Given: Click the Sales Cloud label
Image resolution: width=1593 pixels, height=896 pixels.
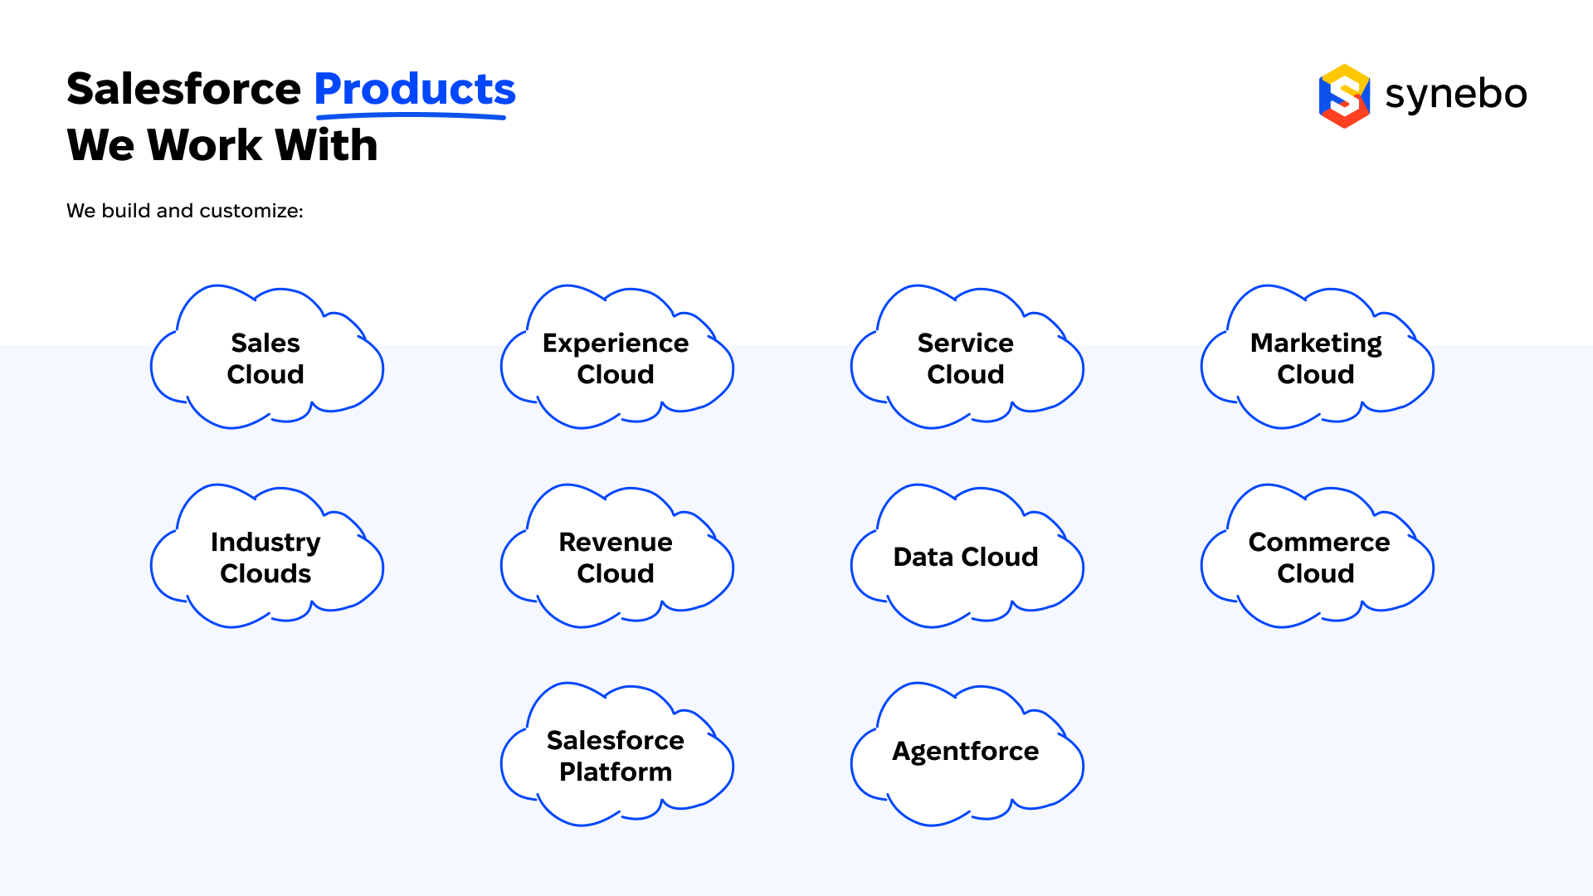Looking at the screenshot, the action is coord(265,358).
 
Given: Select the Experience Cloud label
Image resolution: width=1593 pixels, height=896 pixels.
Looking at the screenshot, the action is coord(616,358).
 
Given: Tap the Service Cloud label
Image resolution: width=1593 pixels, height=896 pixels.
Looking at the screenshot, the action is coord(966,358).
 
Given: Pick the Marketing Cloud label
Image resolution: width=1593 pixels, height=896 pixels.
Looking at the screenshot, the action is coord(1316,358).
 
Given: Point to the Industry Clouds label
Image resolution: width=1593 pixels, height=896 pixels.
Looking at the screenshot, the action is coord(265,558).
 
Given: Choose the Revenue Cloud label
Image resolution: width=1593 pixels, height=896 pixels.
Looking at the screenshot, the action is coord(616,558).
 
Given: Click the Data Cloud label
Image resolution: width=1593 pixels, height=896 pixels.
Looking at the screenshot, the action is coord(966,557).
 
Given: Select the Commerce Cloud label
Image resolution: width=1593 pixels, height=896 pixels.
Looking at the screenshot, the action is coord(1318,558).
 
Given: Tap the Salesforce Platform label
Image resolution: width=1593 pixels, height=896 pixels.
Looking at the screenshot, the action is coord(616,756).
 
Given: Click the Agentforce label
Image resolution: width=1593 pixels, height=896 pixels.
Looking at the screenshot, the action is coord(966,752).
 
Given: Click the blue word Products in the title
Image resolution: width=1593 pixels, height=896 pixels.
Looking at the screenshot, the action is coord(415,89).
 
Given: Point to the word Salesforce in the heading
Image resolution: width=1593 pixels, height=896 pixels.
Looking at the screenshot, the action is coord(183,89).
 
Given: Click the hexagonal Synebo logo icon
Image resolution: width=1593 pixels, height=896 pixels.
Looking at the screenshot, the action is coord(1344,96).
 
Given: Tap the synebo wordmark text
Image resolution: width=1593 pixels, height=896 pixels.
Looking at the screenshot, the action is coord(1456,95).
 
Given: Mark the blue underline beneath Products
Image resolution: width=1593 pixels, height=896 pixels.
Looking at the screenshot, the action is coord(412,115).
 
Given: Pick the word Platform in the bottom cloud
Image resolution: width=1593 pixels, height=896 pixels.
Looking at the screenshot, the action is coord(616,772).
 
